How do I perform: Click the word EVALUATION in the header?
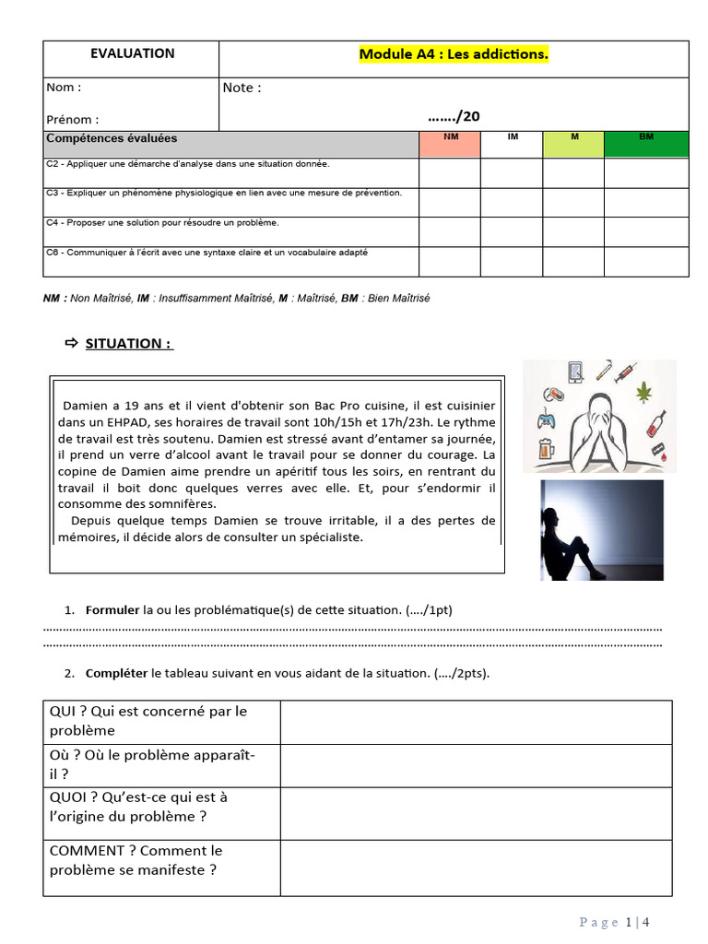point(132,53)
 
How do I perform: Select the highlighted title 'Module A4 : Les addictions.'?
point(454,54)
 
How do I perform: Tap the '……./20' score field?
point(454,116)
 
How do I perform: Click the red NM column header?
point(450,137)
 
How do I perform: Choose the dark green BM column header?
point(646,137)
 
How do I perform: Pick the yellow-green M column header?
point(573,137)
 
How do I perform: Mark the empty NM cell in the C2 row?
point(450,172)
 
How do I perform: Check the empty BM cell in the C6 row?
point(646,261)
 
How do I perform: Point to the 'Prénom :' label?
point(72,119)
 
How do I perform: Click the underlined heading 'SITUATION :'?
point(129,344)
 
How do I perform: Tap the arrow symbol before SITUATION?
point(72,344)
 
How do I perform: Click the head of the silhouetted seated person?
point(564,517)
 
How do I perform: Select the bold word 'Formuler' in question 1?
point(112,610)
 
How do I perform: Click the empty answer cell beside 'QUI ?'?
point(476,722)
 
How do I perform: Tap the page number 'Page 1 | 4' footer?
point(616,922)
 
